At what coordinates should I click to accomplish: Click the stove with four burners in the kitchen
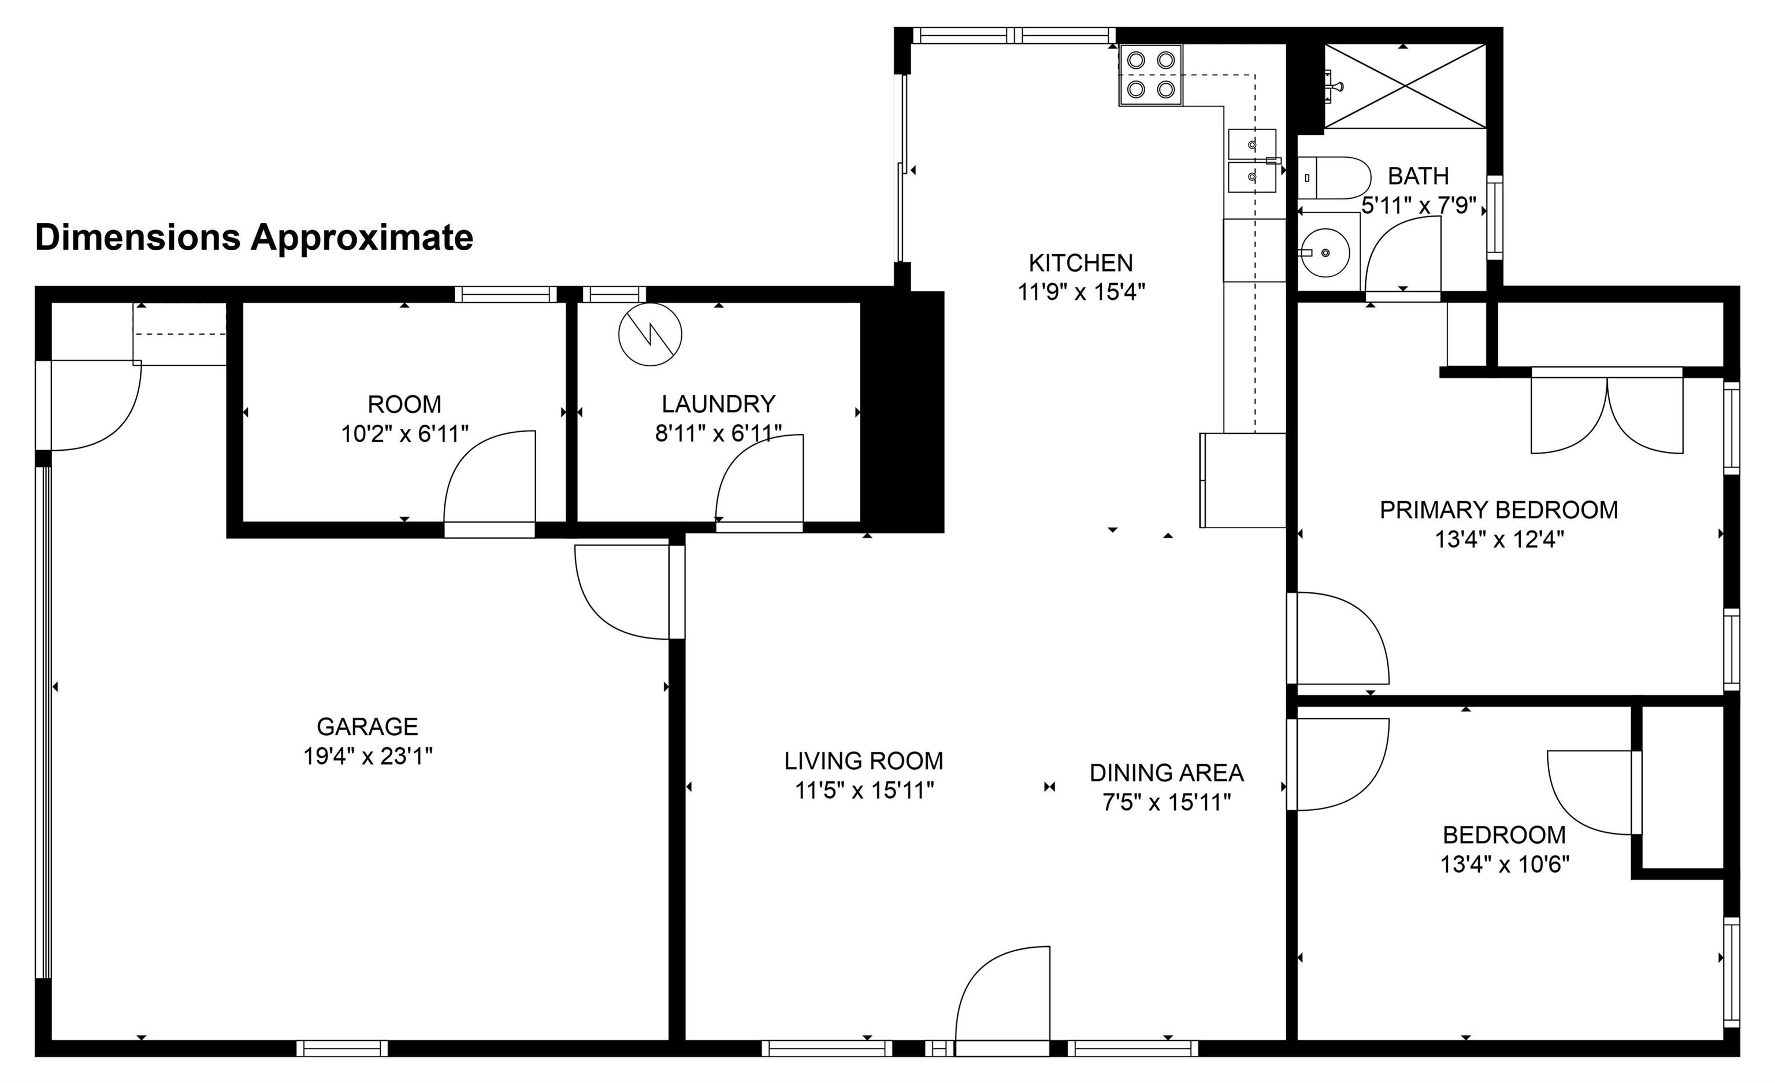click(x=1150, y=75)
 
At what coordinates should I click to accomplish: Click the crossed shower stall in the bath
click(x=1405, y=87)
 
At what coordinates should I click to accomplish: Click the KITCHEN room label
click(x=1080, y=262)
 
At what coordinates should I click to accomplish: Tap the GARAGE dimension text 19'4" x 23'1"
click(x=367, y=756)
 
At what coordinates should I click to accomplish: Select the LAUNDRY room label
click(x=718, y=403)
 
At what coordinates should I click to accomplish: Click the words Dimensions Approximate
click(x=254, y=238)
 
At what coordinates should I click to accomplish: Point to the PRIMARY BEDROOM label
click(x=1499, y=510)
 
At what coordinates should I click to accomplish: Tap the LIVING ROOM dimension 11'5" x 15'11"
click(x=864, y=791)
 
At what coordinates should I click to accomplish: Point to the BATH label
click(x=1418, y=176)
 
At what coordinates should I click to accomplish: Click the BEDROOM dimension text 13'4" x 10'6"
click(x=1505, y=864)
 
